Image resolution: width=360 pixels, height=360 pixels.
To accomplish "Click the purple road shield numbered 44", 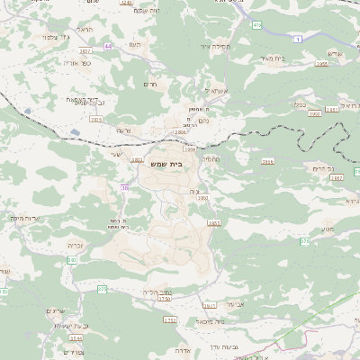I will click(x=108, y=46).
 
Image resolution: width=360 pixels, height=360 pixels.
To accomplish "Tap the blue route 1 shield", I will click(x=297, y=39).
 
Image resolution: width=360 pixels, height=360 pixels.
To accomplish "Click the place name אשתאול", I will click(x=218, y=91).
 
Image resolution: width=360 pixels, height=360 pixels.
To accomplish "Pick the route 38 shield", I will click(x=124, y=188).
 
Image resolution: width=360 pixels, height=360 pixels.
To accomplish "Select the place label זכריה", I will click(x=76, y=244).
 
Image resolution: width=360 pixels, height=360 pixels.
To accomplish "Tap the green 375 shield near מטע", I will click(x=305, y=241).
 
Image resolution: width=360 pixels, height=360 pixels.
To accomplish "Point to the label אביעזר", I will click(x=234, y=304).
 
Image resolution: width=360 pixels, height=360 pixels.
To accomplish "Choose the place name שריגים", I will click(x=55, y=311).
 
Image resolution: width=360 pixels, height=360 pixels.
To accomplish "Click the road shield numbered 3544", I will click(x=76, y=338).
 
